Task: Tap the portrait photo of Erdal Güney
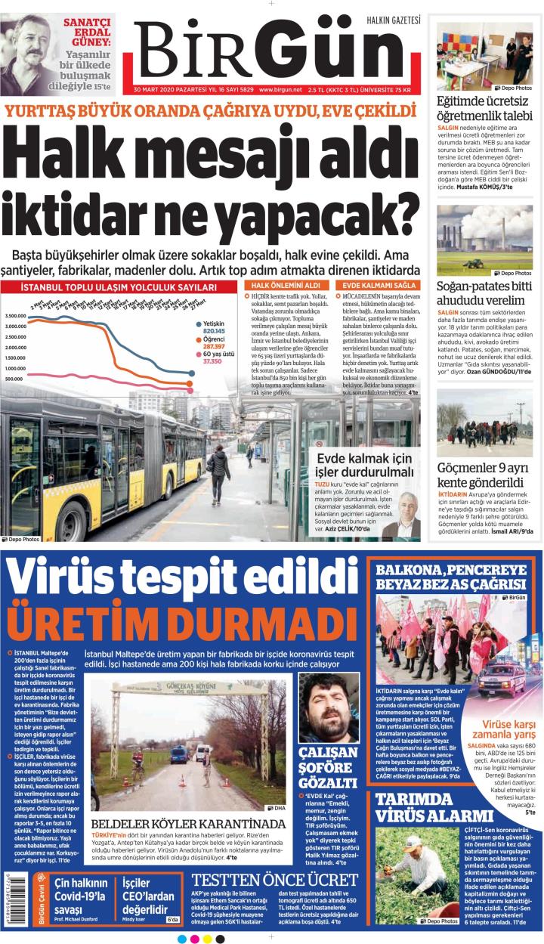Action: click(30, 53)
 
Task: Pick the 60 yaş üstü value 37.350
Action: click(212, 361)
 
